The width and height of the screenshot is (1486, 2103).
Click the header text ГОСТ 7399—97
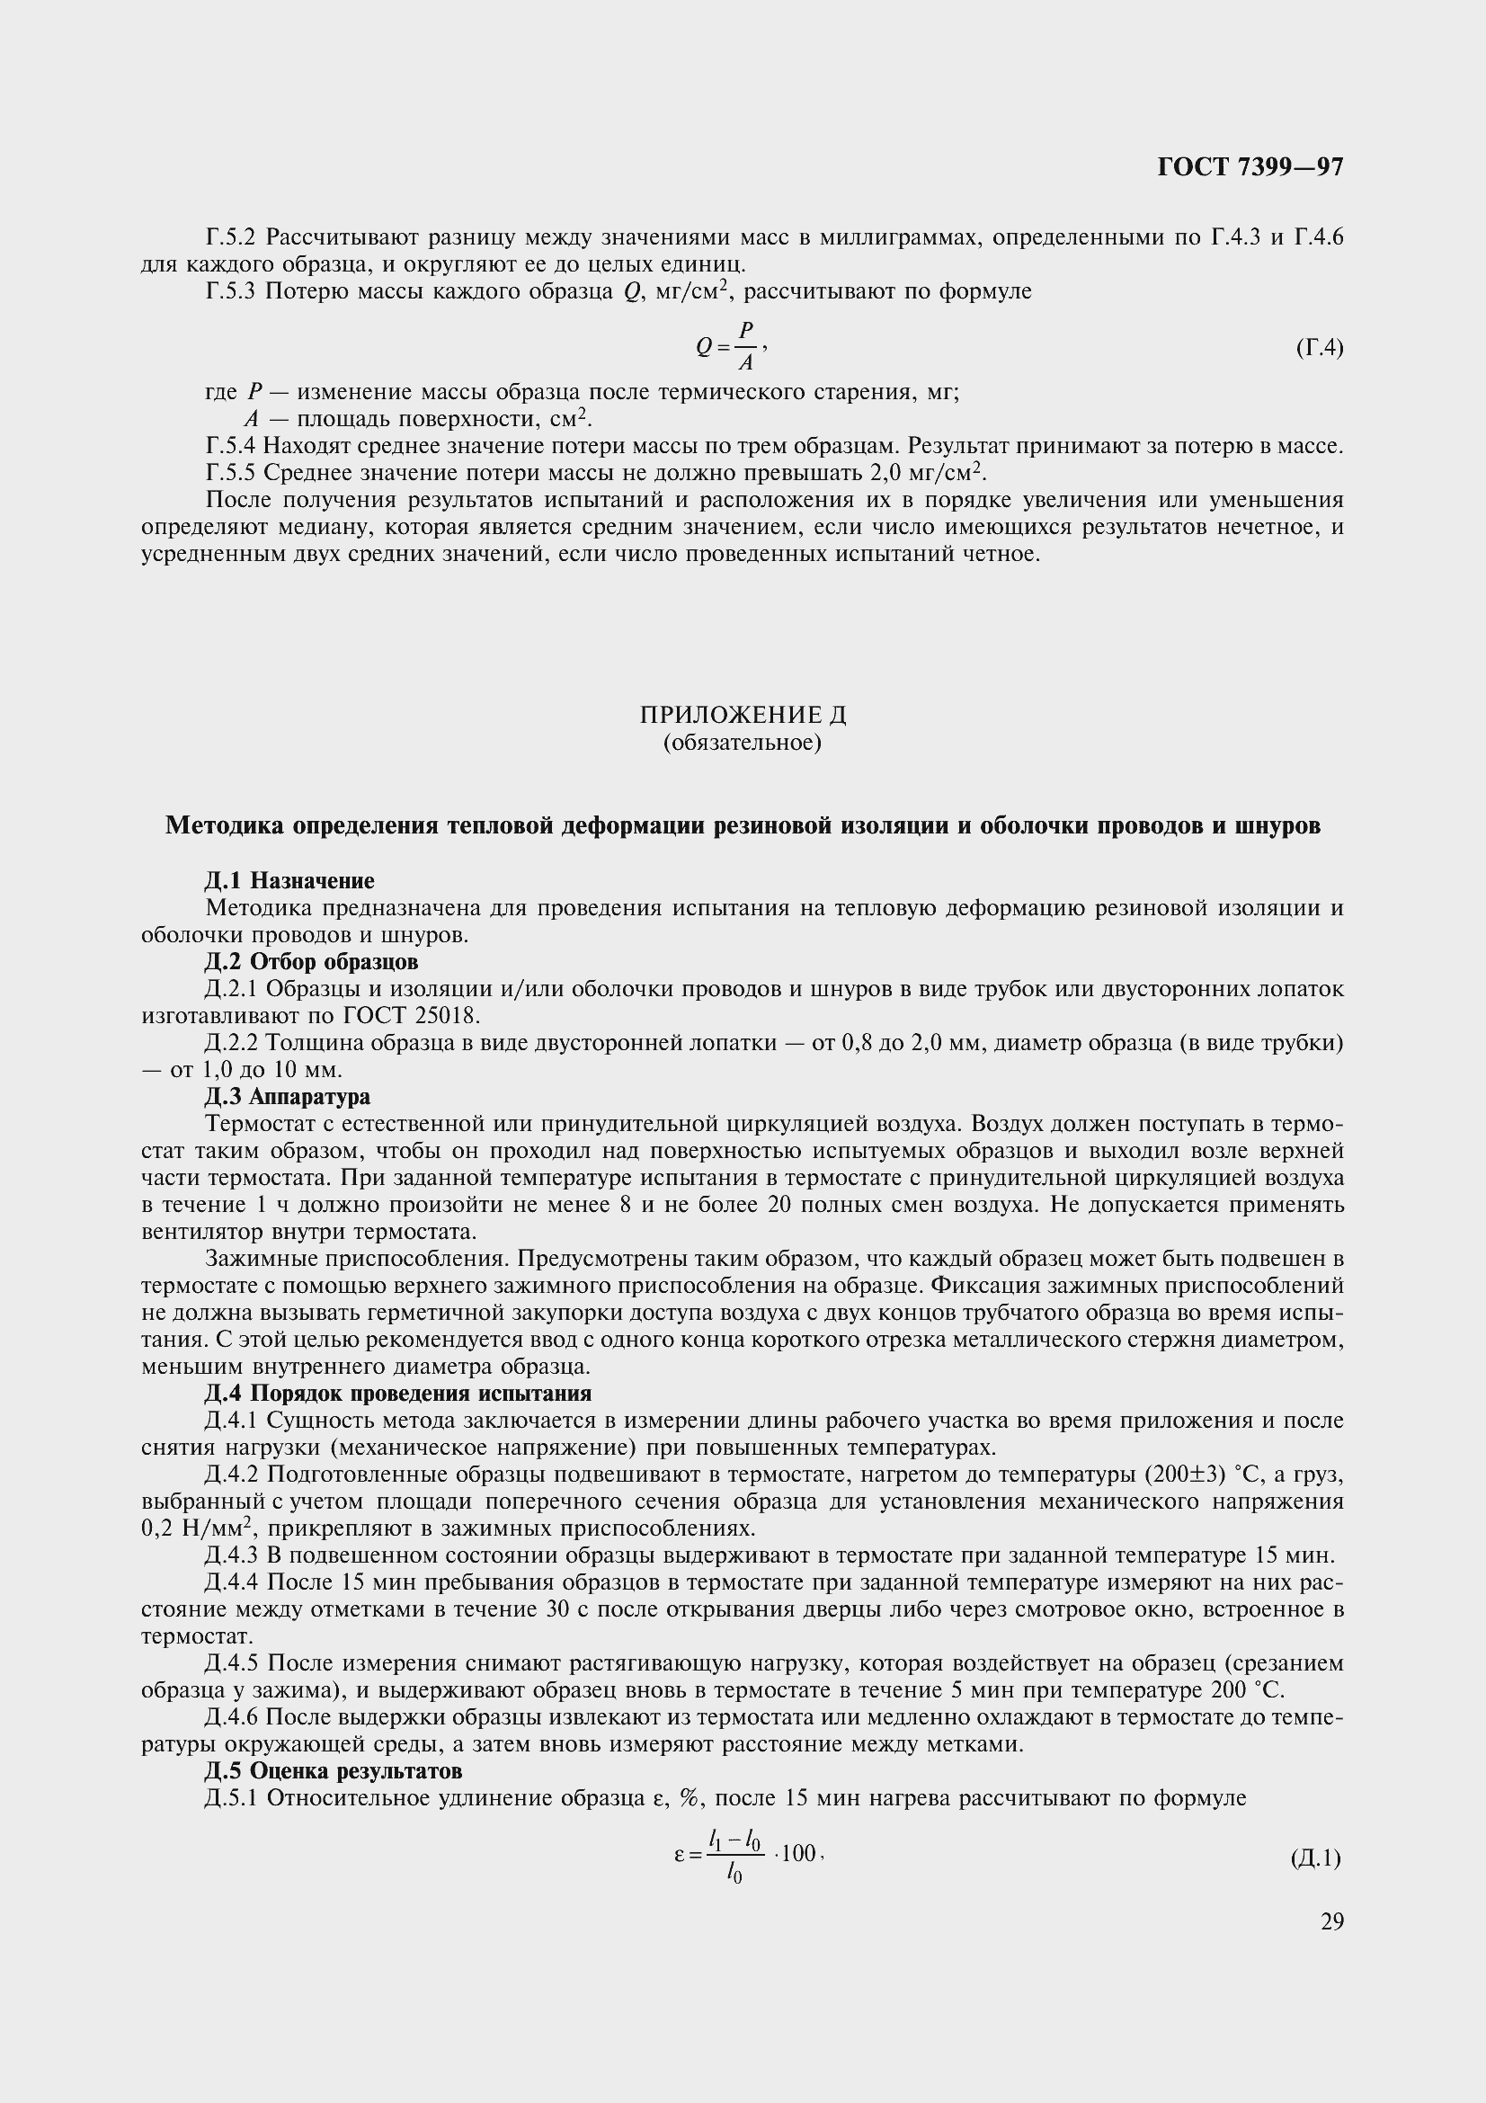1250,166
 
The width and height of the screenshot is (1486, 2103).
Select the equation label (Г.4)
1320,348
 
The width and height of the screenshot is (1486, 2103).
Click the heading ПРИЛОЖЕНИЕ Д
743,715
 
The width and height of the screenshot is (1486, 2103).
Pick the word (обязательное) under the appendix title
743,742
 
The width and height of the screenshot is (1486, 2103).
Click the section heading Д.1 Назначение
289,881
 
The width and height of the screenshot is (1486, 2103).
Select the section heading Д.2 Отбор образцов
311,963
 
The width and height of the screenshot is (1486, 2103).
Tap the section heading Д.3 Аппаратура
288,1097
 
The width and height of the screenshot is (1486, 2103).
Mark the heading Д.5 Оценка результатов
334,1771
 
